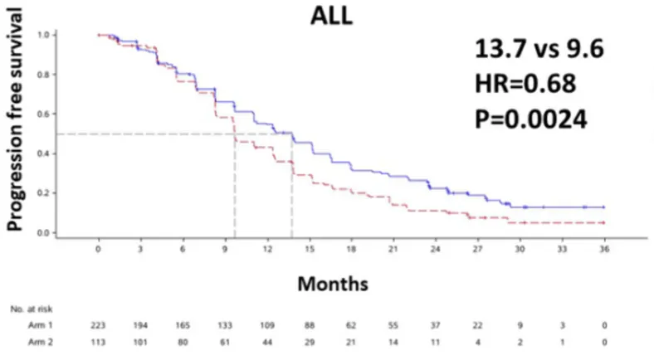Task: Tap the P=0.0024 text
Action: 530,119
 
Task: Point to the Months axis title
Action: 332,284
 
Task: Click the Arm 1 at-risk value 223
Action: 98,324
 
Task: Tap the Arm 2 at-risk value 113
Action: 98,340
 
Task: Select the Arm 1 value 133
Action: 225,324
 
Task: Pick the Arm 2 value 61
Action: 225,340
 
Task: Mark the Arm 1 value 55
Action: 393,324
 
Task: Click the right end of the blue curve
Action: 603,207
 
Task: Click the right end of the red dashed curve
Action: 603,223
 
